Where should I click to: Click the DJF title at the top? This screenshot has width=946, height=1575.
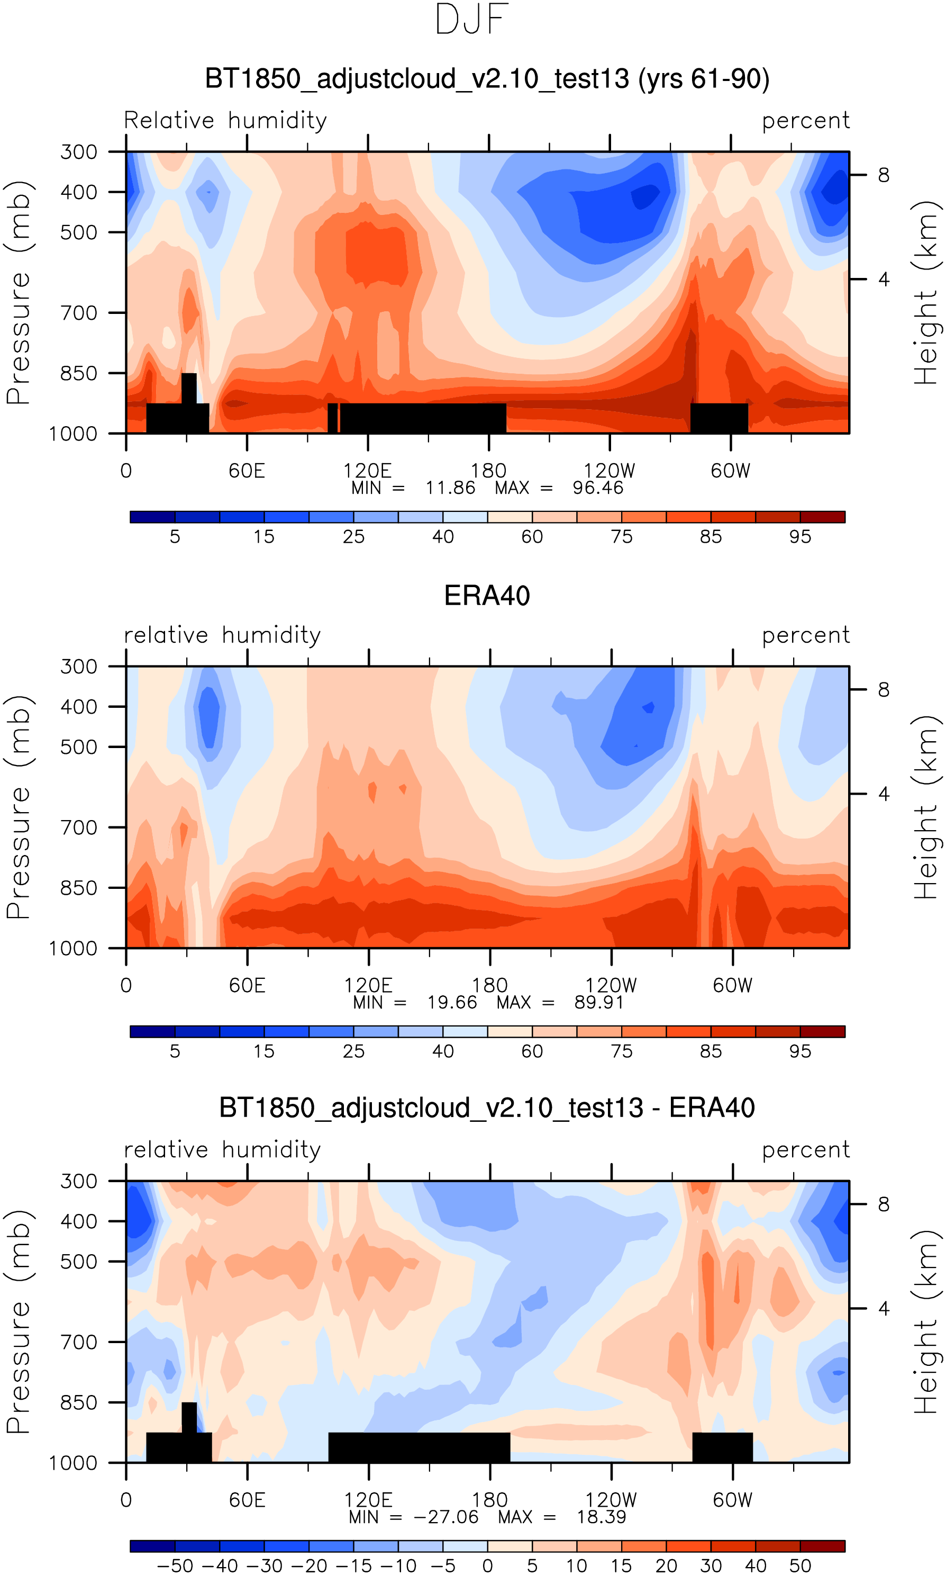pyautogui.click(x=472, y=20)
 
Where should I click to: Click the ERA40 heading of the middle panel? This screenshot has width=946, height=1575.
pyautogui.click(x=487, y=596)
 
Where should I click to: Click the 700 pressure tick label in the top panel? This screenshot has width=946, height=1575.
pyautogui.click(x=79, y=313)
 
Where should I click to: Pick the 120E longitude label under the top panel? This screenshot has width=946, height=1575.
pyautogui.click(x=367, y=471)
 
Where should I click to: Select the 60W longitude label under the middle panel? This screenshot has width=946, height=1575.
pyautogui.click(x=732, y=986)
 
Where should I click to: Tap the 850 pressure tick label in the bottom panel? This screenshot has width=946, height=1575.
pyautogui.click(x=79, y=1403)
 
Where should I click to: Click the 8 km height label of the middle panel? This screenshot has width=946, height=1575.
pyautogui.click(x=884, y=689)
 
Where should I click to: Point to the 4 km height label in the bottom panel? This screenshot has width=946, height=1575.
pyautogui.click(x=884, y=1309)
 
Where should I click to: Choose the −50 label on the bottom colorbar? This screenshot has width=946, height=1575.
pyautogui.click(x=175, y=1566)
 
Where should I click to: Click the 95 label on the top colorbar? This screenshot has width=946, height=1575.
pyautogui.click(x=800, y=537)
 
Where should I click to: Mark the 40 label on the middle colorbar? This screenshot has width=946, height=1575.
pyautogui.click(x=443, y=1051)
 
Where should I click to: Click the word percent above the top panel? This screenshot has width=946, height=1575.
pyautogui.click(x=806, y=121)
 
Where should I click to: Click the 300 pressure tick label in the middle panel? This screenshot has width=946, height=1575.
pyautogui.click(x=79, y=667)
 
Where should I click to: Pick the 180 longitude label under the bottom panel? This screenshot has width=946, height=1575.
pyautogui.click(x=489, y=1500)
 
